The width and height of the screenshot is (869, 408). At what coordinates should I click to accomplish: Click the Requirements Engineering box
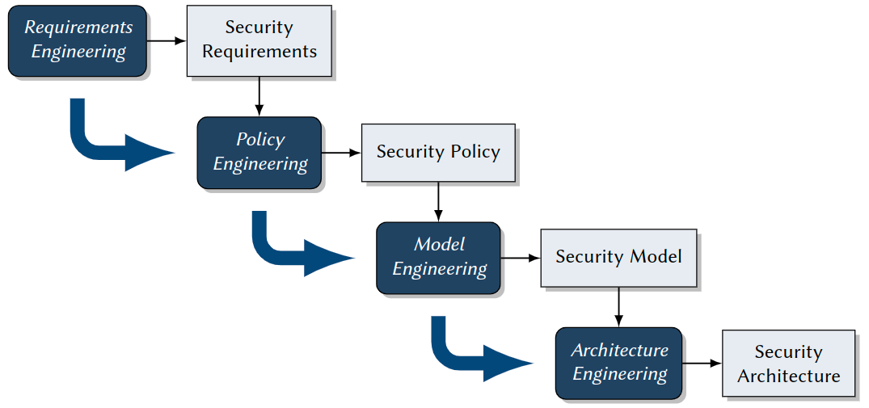78,40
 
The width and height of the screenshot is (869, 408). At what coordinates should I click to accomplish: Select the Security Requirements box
259,40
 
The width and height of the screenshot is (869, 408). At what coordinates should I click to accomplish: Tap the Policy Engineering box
259,153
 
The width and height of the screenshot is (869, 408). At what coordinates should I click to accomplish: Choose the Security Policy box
438,153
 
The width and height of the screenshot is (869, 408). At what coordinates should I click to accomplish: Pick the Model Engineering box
439,258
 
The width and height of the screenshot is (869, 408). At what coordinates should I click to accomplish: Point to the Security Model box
618,258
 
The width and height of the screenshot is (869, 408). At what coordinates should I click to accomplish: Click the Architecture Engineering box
619,363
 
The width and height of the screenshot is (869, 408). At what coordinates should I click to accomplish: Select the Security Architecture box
788,364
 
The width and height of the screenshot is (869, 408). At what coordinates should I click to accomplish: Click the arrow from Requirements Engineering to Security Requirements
167,40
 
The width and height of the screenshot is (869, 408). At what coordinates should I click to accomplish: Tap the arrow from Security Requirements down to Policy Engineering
259,97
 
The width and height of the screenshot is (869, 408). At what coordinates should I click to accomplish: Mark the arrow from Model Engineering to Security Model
521,258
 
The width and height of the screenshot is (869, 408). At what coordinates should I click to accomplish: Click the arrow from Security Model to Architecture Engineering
618,307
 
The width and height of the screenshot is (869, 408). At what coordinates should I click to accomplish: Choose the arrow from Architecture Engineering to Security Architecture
702,364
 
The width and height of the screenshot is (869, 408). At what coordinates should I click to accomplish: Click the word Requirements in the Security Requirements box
259,52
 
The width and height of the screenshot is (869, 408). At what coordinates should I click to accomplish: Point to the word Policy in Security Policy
473,152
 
